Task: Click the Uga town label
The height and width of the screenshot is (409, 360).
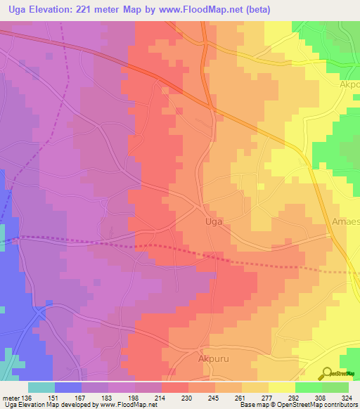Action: tap(213, 221)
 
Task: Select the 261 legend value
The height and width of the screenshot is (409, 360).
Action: tap(242, 397)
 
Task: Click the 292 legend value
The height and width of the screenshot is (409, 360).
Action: tap(295, 397)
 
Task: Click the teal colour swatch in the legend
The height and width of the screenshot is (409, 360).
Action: tap(41, 387)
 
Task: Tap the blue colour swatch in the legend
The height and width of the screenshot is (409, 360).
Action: tap(68, 387)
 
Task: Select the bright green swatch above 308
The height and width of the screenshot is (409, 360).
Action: tap(308, 387)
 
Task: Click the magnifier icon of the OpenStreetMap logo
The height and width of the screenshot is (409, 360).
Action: tap(326, 372)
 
